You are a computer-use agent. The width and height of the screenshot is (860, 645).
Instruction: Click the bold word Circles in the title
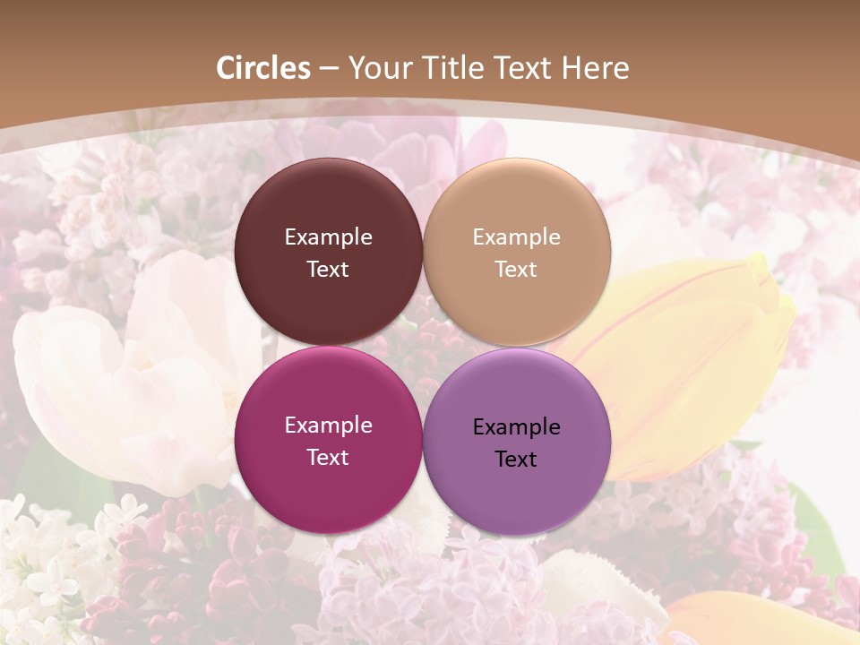pos(263,68)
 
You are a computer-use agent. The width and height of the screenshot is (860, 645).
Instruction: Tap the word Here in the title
pos(595,68)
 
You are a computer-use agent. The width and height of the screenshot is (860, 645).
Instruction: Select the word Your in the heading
pos(377,68)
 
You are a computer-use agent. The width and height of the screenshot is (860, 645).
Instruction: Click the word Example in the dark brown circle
pos(328,237)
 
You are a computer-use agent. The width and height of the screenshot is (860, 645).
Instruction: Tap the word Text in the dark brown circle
pos(328,270)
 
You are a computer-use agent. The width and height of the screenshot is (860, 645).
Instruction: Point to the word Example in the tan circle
pos(516,237)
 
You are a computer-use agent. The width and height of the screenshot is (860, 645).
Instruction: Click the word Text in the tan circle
pos(516,270)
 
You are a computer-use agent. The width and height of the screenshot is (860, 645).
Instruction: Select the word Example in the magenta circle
pos(328,426)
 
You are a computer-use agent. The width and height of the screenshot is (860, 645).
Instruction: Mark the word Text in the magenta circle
pos(328,458)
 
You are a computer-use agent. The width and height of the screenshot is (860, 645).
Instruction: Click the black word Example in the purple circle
pos(516,427)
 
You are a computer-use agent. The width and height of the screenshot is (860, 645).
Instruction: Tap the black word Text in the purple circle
pos(516,460)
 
